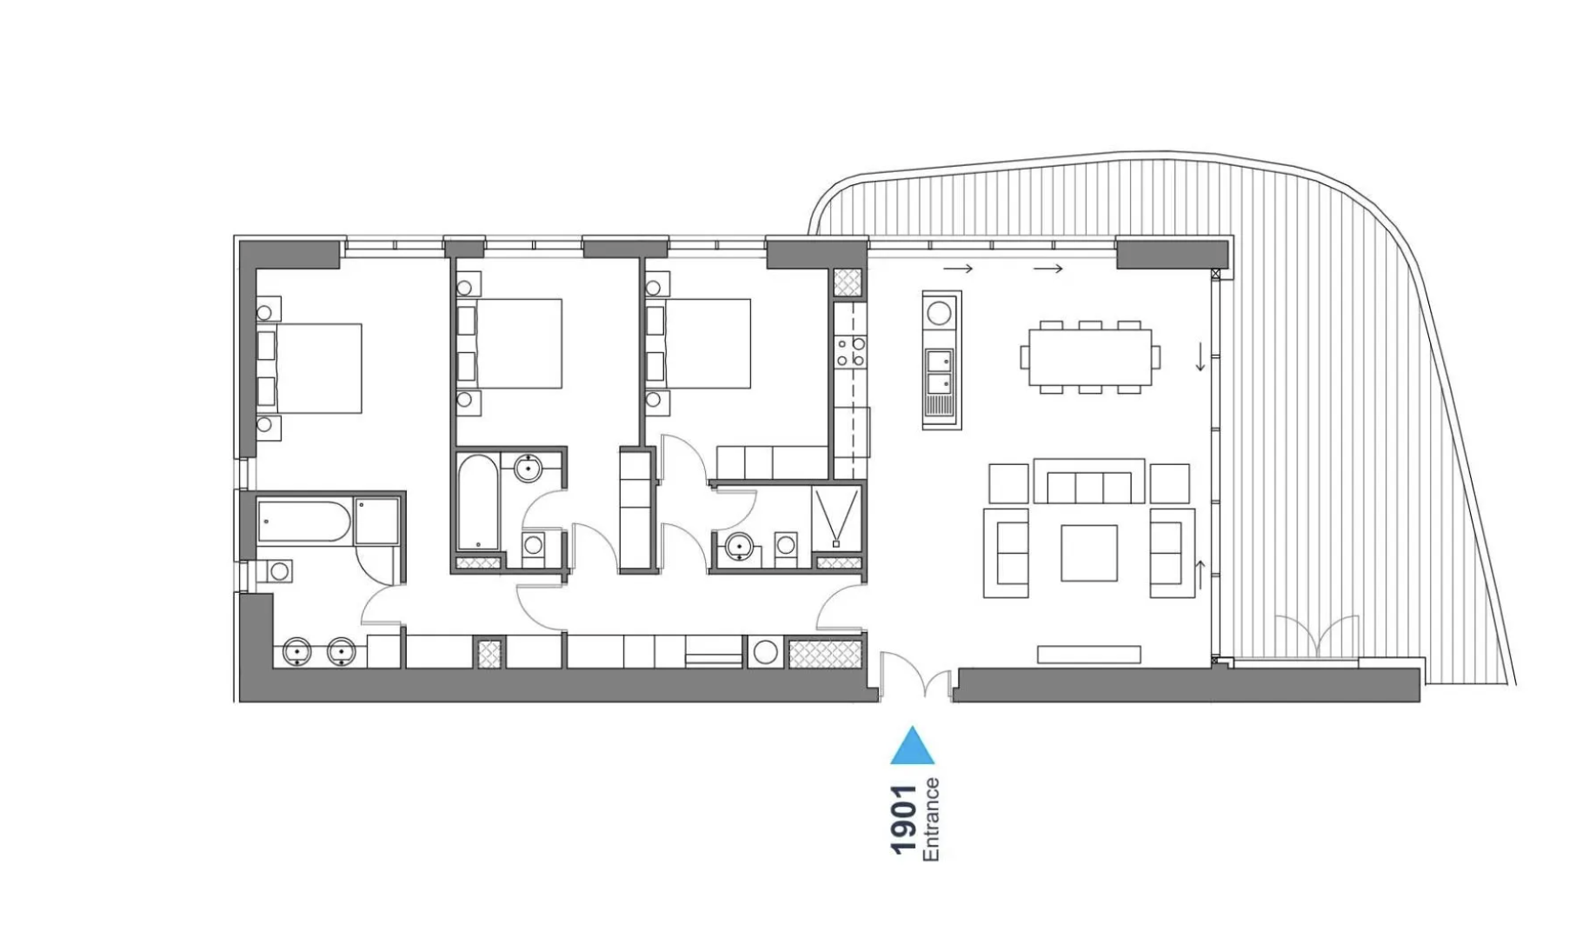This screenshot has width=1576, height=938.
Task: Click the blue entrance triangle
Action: click(x=912, y=748)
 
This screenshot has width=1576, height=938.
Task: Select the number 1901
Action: click(x=904, y=819)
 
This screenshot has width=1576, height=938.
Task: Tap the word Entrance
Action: click(x=931, y=819)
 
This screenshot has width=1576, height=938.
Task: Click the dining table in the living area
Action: click(x=1089, y=356)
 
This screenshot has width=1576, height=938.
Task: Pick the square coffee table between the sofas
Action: click(x=1088, y=553)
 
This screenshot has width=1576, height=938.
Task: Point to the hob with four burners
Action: click(x=850, y=350)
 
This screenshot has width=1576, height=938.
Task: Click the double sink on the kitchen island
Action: click(x=939, y=372)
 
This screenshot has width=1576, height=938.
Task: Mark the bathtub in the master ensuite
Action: click(x=304, y=522)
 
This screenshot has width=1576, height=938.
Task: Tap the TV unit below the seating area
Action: click(x=1088, y=654)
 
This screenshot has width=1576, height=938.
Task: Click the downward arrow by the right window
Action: click(x=1200, y=356)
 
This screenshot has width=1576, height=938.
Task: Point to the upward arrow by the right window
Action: click(x=1200, y=574)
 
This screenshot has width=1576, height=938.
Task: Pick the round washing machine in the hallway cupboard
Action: click(x=765, y=651)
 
